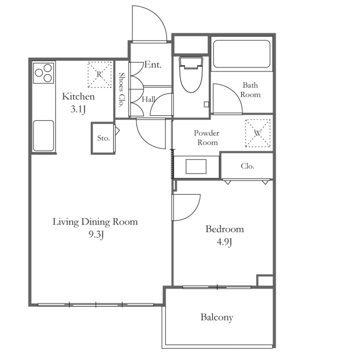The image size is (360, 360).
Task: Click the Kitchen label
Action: pos(78,96)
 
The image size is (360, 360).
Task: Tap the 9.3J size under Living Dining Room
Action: pos(96,234)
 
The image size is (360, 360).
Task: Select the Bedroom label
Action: pos(225,229)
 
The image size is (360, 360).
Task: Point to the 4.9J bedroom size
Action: pos(224,242)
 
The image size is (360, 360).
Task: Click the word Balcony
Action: pos(217,317)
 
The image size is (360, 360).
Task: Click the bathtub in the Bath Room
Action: pos(242,54)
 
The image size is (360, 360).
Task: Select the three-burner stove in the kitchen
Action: pos(44,73)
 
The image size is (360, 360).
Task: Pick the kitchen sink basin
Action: pos(44,136)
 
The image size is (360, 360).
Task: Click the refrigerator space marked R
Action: pos(99,74)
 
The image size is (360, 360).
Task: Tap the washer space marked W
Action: pos(258,133)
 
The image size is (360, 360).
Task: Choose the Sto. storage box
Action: pos(103,138)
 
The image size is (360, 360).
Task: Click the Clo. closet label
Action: pos(247,166)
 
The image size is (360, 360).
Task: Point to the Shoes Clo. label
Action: pos(121,90)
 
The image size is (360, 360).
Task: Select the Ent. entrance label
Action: pos(153,65)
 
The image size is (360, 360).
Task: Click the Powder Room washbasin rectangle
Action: pos(196,166)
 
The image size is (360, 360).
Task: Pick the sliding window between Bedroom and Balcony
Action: pos(217,287)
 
